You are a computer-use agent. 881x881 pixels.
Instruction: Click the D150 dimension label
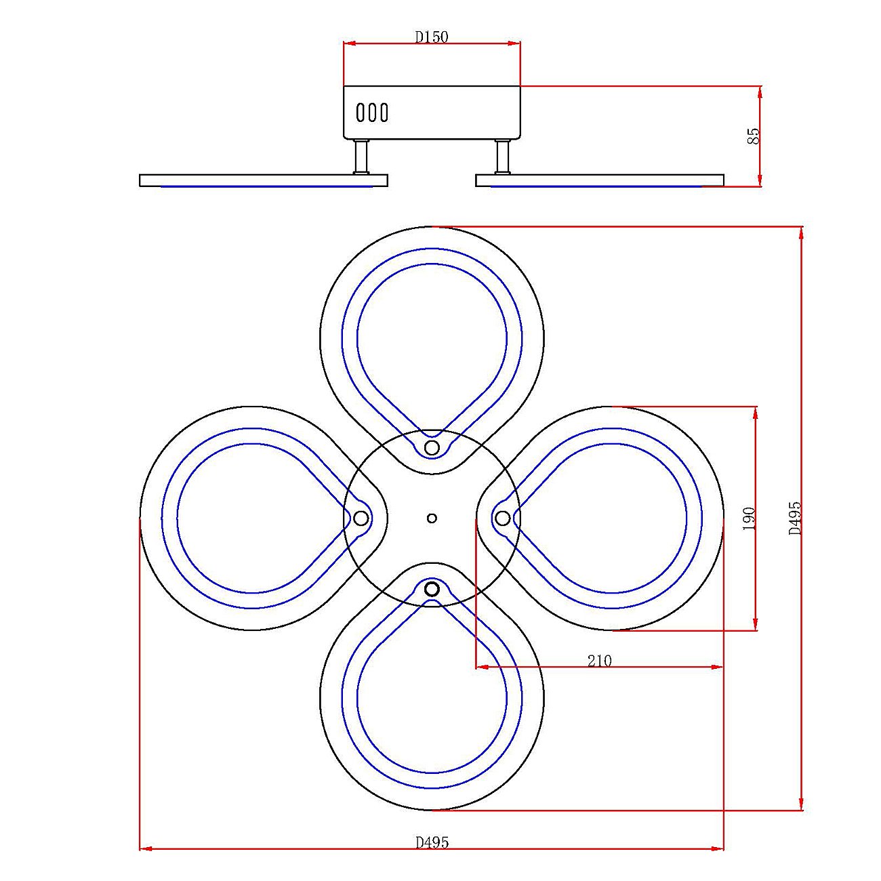click(432, 37)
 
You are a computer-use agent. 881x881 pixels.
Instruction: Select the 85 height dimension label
click(753, 136)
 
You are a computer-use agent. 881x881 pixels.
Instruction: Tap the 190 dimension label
click(749, 518)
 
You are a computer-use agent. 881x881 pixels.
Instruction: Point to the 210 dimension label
click(599, 661)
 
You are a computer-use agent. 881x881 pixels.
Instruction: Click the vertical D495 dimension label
click(795, 518)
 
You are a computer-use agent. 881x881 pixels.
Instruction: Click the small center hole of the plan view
click(432, 518)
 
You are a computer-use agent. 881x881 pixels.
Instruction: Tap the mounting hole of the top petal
click(432, 447)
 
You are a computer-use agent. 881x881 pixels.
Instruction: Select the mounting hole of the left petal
click(361, 518)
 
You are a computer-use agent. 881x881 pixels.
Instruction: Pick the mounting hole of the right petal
click(502, 518)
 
